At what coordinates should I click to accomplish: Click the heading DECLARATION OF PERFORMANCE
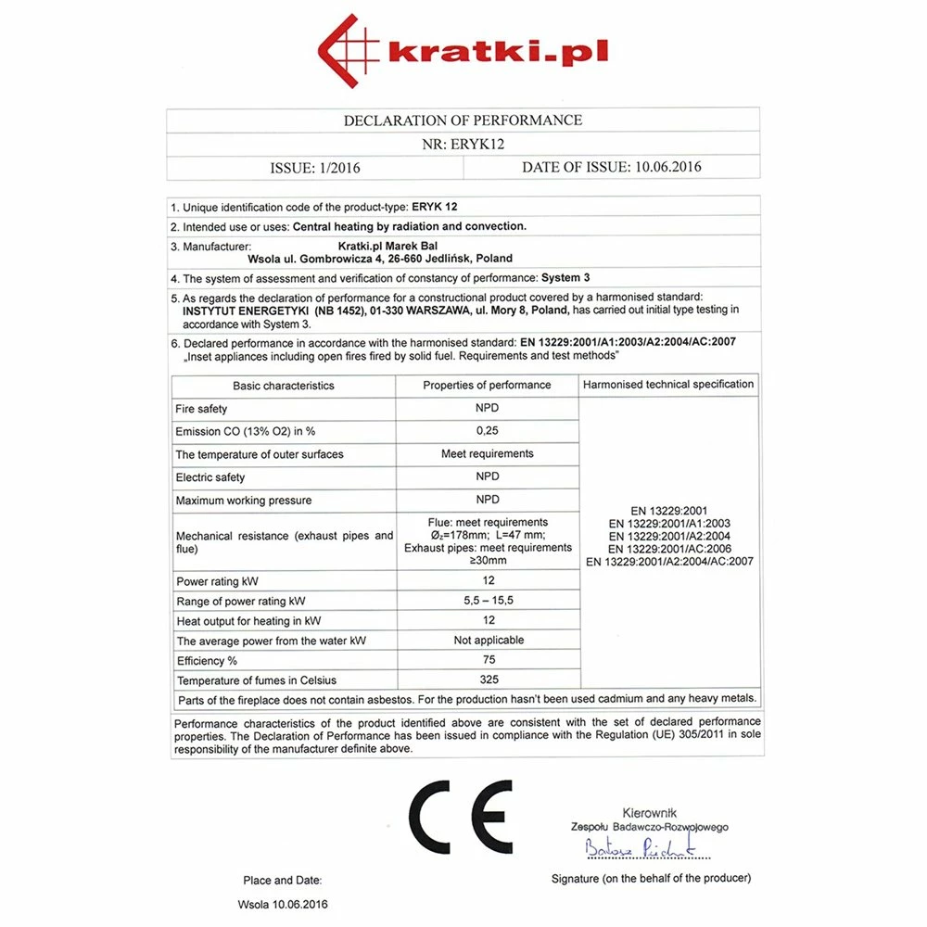(x=463, y=121)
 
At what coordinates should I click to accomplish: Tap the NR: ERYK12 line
(x=463, y=144)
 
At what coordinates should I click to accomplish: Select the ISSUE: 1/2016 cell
(x=315, y=168)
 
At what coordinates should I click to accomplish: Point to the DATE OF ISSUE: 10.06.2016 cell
(x=612, y=168)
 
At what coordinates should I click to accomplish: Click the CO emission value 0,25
(x=487, y=431)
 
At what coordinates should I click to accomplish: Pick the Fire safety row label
(x=201, y=409)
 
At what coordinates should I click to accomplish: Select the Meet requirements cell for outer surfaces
(x=487, y=454)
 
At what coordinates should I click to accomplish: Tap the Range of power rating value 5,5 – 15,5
(x=488, y=601)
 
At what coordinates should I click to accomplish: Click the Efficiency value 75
(x=489, y=660)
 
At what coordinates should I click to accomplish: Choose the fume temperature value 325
(x=489, y=680)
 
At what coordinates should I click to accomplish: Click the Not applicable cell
(x=489, y=641)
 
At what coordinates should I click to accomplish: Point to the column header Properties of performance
(x=487, y=385)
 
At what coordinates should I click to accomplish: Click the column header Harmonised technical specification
(x=668, y=384)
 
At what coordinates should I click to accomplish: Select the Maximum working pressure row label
(x=244, y=501)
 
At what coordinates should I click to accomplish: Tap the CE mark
(x=461, y=817)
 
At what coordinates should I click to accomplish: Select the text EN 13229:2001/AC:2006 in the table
(x=669, y=549)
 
